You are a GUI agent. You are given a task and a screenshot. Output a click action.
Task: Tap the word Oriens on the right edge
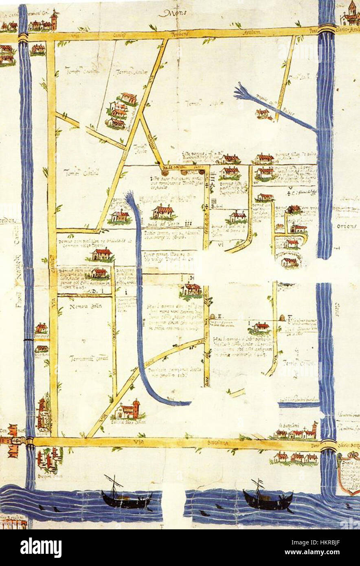[347, 226]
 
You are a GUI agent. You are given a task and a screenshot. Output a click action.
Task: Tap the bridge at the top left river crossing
[23, 37]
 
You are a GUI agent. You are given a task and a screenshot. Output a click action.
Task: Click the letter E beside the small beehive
[219, 316]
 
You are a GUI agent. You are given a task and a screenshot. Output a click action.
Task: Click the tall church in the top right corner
[350, 15]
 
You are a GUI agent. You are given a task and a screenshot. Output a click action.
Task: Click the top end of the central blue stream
[130, 197]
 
